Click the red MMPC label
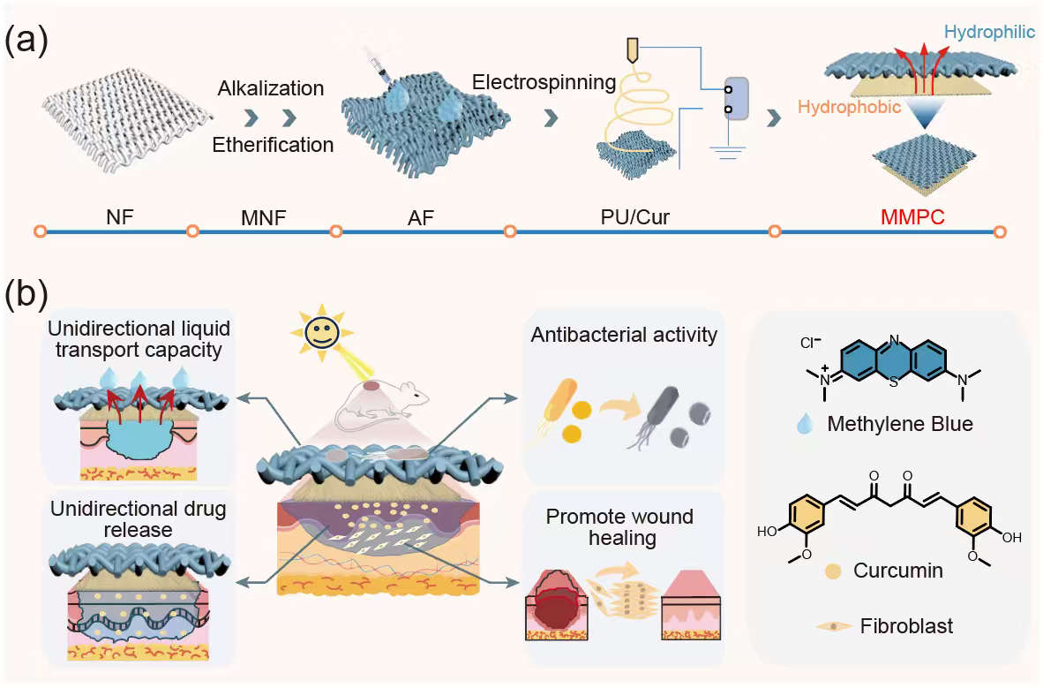[912, 216]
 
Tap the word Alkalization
[271, 88]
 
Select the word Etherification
[273, 145]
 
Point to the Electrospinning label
[544, 82]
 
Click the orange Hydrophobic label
[850, 107]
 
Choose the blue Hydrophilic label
[989, 31]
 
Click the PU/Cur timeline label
[634, 217]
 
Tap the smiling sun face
[322, 332]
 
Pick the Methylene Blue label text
[900, 424]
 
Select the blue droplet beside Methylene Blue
[805, 423]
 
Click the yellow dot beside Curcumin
[833, 571]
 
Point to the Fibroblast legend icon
[834, 626]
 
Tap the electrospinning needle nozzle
[632, 50]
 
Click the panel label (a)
[26, 40]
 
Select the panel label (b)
[26, 294]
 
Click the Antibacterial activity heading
[624, 335]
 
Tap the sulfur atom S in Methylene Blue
[893, 382]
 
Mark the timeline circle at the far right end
[999, 231]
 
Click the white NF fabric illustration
[126, 120]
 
